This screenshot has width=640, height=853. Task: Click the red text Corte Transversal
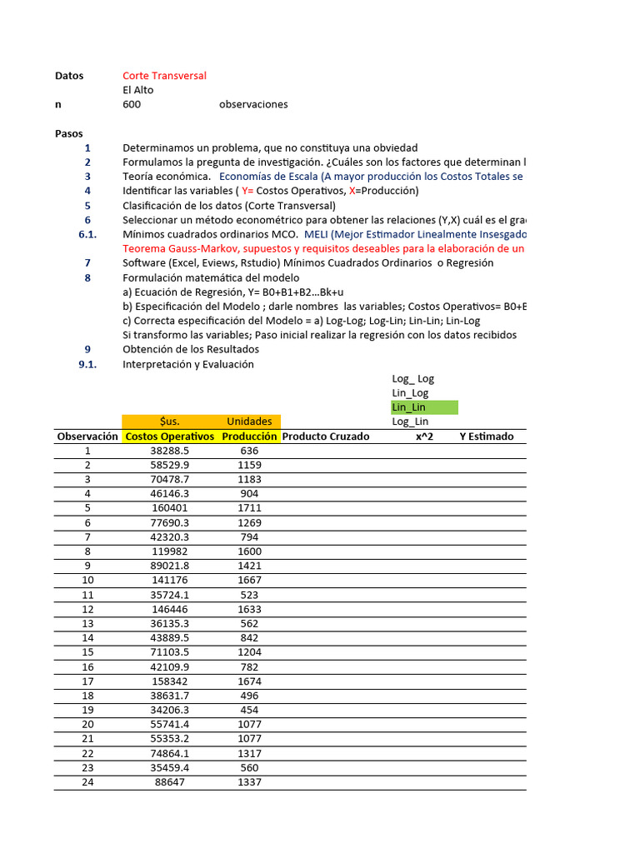click(x=164, y=76)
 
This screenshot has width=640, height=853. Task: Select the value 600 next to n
click(x=132, y=104)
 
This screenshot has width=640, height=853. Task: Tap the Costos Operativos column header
click(x=169, y=436)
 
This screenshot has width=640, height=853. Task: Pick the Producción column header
click(x=249, y=436)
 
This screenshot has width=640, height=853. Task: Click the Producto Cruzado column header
click(x=326, y=436)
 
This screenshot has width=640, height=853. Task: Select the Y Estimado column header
click(x=487, y=436)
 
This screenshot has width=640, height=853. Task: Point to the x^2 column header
click(x=424, y=436)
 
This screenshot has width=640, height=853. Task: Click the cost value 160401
click(x=169, y=507)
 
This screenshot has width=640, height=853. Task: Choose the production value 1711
click(x=249, y=507)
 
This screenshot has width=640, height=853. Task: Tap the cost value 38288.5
click(x=169, y=451)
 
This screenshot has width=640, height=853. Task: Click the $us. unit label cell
click(x=169, y=422)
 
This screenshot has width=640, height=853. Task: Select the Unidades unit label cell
click(x=249, y=422)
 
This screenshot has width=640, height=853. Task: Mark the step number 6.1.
click(x=87, y=234)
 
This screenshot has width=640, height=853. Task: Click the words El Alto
click(x=138, y=90)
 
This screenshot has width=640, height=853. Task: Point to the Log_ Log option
click(x=413, y=378)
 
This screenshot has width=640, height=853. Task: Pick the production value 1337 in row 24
click(x=249, y=782)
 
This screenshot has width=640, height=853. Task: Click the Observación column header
click(x=87, y=436)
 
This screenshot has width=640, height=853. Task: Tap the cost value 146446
click(x=169, y=609)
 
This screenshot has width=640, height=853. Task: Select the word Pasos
click(x=69, y=133)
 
